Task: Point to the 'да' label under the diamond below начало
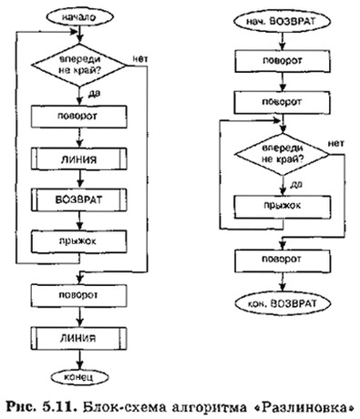[92, 94]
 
